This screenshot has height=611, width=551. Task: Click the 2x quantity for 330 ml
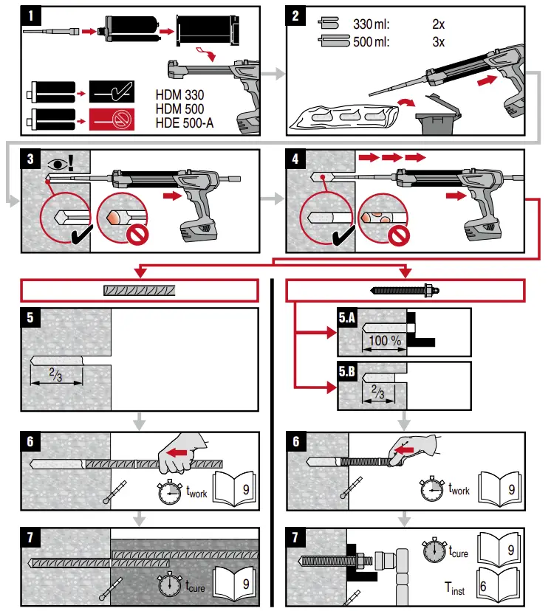coord(439,24)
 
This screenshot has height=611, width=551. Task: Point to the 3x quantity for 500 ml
coord(439,41)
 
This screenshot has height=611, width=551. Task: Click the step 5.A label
coord(347,318)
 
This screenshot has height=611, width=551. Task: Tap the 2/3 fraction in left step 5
coord(55,376)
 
